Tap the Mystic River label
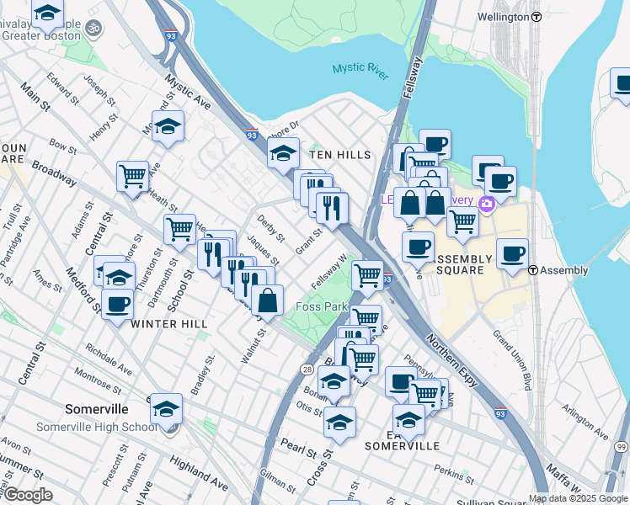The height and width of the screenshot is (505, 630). coord(360,71)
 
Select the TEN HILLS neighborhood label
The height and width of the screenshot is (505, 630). coord(340,155)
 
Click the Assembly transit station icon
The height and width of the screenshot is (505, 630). coord(534,270)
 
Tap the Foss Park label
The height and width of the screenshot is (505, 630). coord(322,306)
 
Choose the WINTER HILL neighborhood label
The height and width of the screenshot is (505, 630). coord(169,323)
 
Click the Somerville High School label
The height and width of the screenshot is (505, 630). coord(96,427)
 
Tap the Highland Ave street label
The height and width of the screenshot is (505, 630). coord(199,473)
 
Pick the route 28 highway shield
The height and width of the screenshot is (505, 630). coord(307,369)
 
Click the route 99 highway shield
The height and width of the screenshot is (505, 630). coord(622,446)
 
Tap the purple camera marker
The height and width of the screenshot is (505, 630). coord(486,204)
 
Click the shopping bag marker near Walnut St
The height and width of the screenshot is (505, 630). coord(267,300)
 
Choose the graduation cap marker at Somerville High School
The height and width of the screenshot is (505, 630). coord(167,408)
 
